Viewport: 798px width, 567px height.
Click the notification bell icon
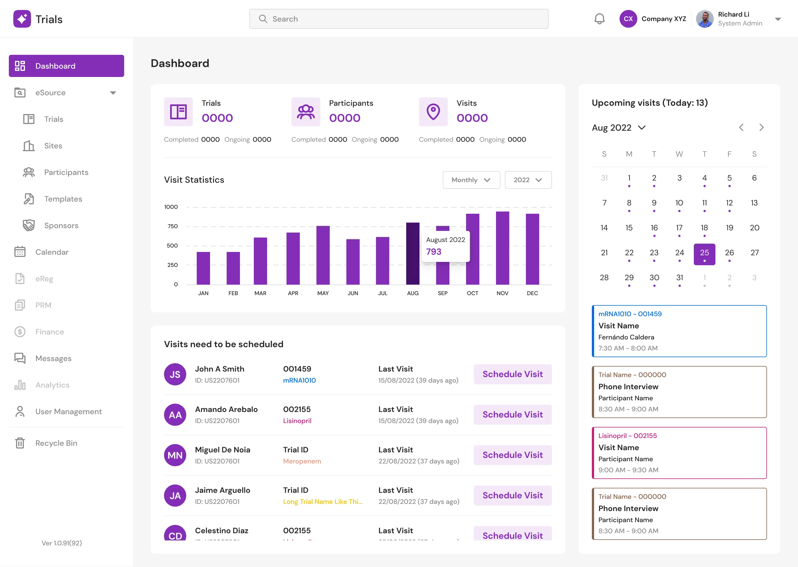599,19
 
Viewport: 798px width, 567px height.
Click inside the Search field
399,19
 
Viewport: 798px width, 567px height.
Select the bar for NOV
502,248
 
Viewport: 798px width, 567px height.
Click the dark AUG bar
413,254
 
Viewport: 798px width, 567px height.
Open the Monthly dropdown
471,180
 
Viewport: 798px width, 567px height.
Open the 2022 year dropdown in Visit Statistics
528,180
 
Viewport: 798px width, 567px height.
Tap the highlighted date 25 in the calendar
704,254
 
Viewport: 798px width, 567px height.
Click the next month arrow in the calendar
761,127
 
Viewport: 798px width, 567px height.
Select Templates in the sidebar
63,199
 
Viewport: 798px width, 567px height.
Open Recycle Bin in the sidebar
56,443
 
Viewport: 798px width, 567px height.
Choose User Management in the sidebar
68,412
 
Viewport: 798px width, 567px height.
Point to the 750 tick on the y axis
173,226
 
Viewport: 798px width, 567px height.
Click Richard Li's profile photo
705,19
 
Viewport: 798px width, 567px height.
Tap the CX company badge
628,19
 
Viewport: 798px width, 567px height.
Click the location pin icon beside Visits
433,112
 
